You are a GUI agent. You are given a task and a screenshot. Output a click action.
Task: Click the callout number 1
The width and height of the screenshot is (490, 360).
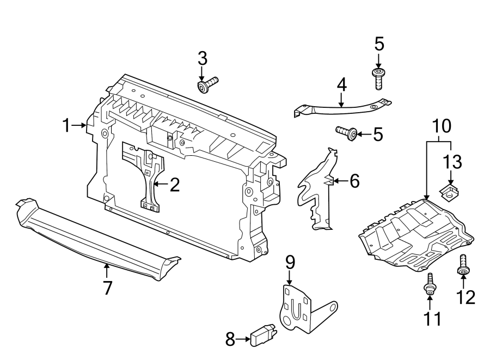click(66, 126)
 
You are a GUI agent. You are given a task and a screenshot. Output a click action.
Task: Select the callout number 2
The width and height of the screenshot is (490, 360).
click(174, 185)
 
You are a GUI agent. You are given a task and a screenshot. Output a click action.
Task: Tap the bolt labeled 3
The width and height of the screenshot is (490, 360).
click(207, 85)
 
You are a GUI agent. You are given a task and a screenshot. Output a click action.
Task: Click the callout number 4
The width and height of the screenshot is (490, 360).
click(341, 84)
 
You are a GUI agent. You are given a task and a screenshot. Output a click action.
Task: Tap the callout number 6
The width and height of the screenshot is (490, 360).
click(354, 181)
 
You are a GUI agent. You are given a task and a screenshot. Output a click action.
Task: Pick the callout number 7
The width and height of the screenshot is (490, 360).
click(107, 287)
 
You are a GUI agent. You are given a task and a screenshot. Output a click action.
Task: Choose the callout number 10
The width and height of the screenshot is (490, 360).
click(442, 126)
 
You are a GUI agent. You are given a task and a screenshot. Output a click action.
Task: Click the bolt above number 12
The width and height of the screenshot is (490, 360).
click(463, 265)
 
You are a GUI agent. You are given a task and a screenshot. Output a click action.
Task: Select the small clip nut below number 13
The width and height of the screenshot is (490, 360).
click(449, 190)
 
